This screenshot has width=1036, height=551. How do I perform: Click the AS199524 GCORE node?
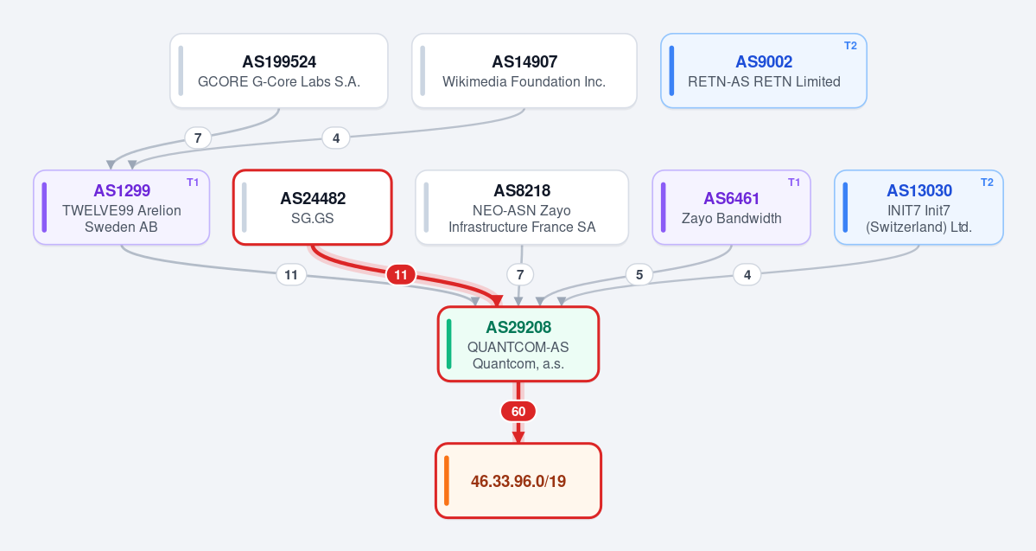pos(279,71)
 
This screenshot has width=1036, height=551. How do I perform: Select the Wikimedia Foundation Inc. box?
pos(524,71)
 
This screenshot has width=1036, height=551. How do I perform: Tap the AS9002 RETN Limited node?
pos(764,71)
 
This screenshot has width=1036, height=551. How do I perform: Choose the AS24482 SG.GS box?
pos(313,207)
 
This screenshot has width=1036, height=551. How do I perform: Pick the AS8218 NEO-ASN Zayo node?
pos(522,207)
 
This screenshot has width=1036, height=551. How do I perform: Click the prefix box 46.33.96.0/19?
pos(518,481)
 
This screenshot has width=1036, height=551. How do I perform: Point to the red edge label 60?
pos(518,412)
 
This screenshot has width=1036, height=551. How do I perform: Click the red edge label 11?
pos(401,274)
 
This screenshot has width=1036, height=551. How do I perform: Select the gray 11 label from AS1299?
pos(290,274)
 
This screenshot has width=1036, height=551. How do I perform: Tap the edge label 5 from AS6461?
pos(639,274)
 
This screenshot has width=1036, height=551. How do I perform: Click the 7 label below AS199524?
pos(198,138)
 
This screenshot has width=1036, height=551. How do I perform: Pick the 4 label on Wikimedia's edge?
pos(335,138)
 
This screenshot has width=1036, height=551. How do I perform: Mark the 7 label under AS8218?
pos(520,274)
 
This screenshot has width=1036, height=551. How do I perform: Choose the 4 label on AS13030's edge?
pos(747,274)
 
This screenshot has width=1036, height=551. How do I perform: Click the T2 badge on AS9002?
pos(850,46)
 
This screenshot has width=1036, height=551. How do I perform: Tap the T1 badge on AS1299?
pos(193,182)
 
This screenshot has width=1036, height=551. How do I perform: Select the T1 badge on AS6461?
pos(794,182)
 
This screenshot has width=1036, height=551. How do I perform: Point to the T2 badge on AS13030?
pos(987,182)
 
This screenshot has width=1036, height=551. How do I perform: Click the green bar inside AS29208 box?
pos(449,344)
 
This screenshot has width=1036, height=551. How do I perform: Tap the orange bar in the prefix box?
pos(447,481)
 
